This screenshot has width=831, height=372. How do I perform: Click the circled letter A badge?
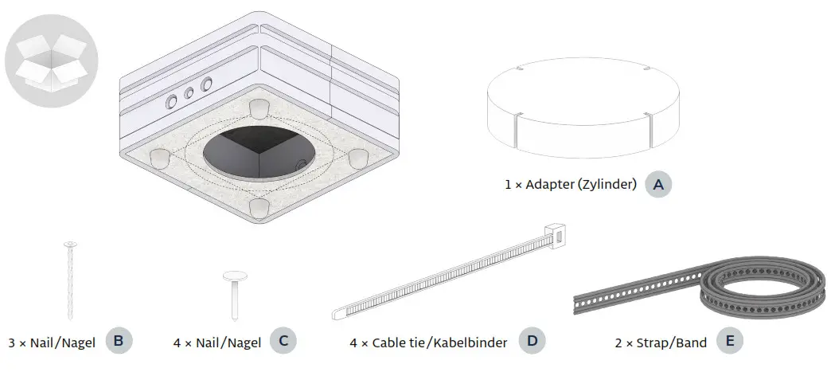[657, 184]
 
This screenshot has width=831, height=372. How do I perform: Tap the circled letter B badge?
[119, 343]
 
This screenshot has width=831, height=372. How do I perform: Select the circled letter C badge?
[283, 343]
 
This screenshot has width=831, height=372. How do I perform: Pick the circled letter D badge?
[533, 343]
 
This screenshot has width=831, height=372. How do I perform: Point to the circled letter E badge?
[729, 343]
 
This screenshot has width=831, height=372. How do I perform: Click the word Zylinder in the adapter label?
[608, 185]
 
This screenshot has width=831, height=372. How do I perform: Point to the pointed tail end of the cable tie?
[337, 311]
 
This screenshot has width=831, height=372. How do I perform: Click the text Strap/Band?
[677, 343]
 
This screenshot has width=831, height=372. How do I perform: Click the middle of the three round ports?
[189, 93]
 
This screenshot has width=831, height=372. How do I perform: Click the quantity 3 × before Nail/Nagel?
[17, 343]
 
